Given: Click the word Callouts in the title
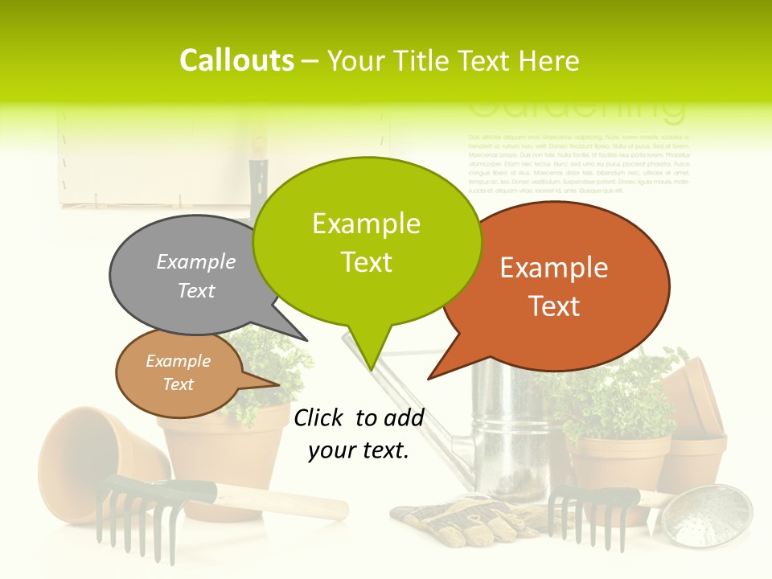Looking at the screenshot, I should tap(236, 60).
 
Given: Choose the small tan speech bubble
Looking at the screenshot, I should tap(179, 373).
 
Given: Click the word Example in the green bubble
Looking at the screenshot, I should tap(366, 224).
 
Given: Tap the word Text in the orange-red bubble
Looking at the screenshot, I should tap(554, 306).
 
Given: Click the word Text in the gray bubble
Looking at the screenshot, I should tap(196, 290).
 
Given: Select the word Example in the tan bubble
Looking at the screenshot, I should tap(178, 361).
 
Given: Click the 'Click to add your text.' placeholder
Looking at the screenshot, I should tap(359, 434).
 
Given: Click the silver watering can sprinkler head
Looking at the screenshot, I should tap(708, 515).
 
